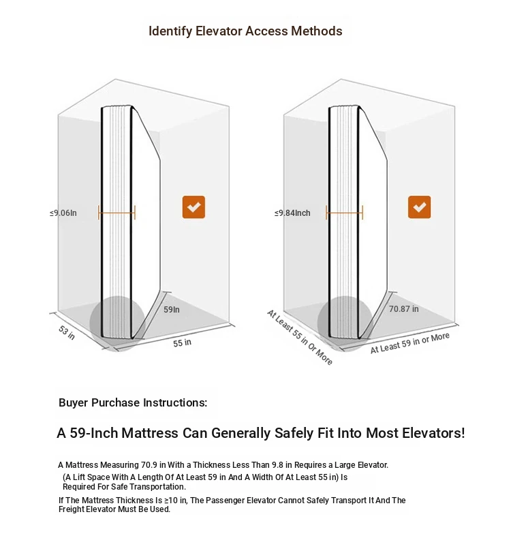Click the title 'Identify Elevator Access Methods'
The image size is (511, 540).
(245, 31)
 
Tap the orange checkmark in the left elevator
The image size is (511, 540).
(193, 207)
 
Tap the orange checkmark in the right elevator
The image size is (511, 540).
(419, 207)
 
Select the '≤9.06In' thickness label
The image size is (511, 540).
(63, 213)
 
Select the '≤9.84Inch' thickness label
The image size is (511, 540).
(292, 213)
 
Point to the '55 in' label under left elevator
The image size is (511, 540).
(182, 343)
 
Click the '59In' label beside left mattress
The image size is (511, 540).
(171, 309)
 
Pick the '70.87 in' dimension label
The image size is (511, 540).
(404, 308)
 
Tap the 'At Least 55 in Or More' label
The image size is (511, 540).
(300, 337)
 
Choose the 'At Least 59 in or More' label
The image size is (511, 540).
(409, 343)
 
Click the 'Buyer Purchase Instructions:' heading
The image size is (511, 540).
(133, 402)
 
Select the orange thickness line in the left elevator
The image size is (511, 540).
(117, 213)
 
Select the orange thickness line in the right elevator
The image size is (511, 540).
(344, 213)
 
